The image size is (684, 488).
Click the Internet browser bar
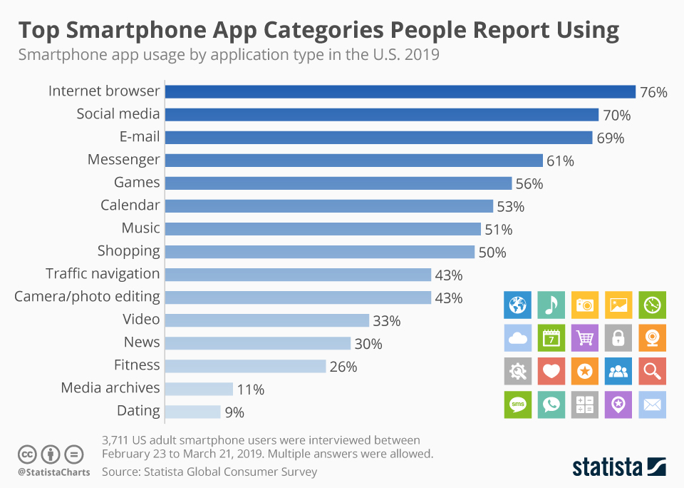coord(400,91)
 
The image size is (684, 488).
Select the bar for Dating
coord(193,412)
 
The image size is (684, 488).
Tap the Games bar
coord(338,183)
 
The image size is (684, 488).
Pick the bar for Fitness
coord(246,366)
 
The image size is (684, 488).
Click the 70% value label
coord(616,115)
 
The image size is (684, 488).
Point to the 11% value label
coord(250,390)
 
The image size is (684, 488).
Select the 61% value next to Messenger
coord(560,161)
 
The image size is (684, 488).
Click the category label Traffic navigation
coord(103,274)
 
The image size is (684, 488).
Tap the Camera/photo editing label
coord(87,297)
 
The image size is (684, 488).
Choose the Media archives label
coord(110,388)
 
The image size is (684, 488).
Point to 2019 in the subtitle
coord(423,55)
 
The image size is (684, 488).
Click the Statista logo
coord(618,467)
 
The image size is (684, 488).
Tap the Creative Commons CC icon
coord(28,454)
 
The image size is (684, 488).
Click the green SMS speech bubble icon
coord(517,405)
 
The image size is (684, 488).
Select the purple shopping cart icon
coord(585,338)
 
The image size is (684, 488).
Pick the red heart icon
coord(551,371)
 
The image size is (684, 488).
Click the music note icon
coord(551,305)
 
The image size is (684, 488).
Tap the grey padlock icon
coord(618,338)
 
